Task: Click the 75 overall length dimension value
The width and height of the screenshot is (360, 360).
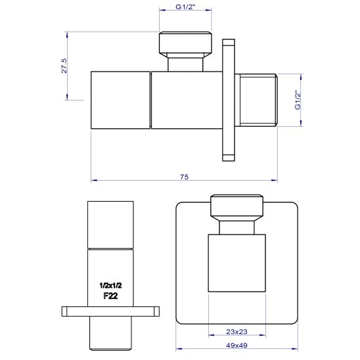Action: point(184,177)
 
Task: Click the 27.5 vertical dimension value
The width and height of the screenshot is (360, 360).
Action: point(64,66)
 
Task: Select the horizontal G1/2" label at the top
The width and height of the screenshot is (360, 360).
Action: point(185,7)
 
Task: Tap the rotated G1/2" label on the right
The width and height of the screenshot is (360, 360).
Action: point(298,101)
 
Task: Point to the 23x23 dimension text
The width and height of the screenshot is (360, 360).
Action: point(236,332)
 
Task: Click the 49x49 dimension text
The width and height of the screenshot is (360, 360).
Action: point(236,346)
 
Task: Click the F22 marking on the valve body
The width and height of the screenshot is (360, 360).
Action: point(110,296)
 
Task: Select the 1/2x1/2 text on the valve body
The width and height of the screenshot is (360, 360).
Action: point(110,285)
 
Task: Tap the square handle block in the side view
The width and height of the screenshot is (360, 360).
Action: point(120,100)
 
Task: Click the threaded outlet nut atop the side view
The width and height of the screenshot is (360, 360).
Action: point(185,43)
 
